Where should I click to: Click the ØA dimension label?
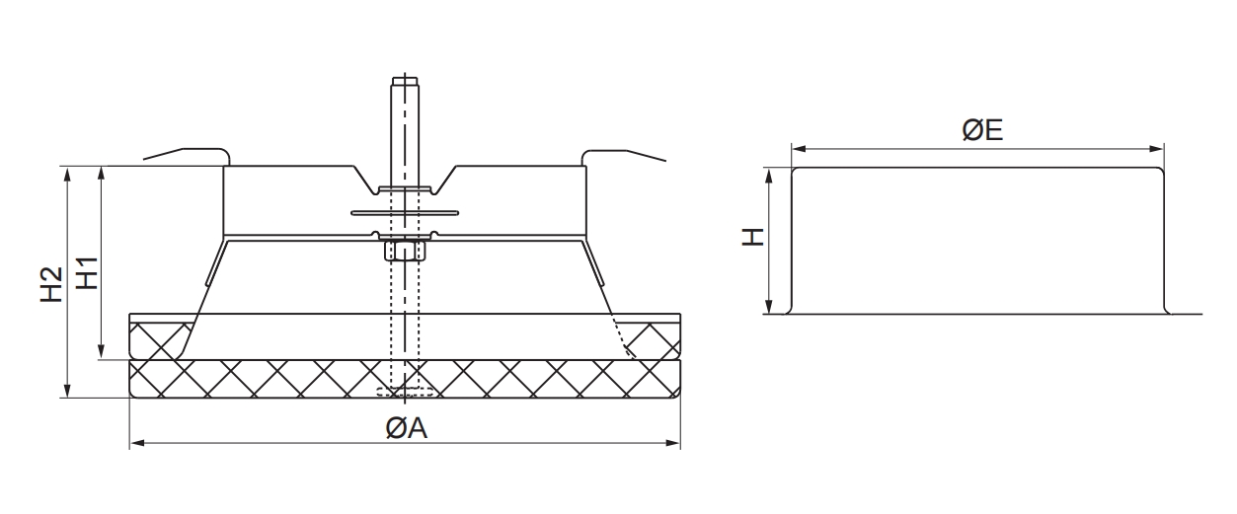406,429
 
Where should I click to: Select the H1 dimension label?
89,272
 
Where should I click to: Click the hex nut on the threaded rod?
405,251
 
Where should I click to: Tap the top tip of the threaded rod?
405,79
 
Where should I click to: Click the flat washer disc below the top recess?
405,212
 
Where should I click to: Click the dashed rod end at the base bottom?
404,394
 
